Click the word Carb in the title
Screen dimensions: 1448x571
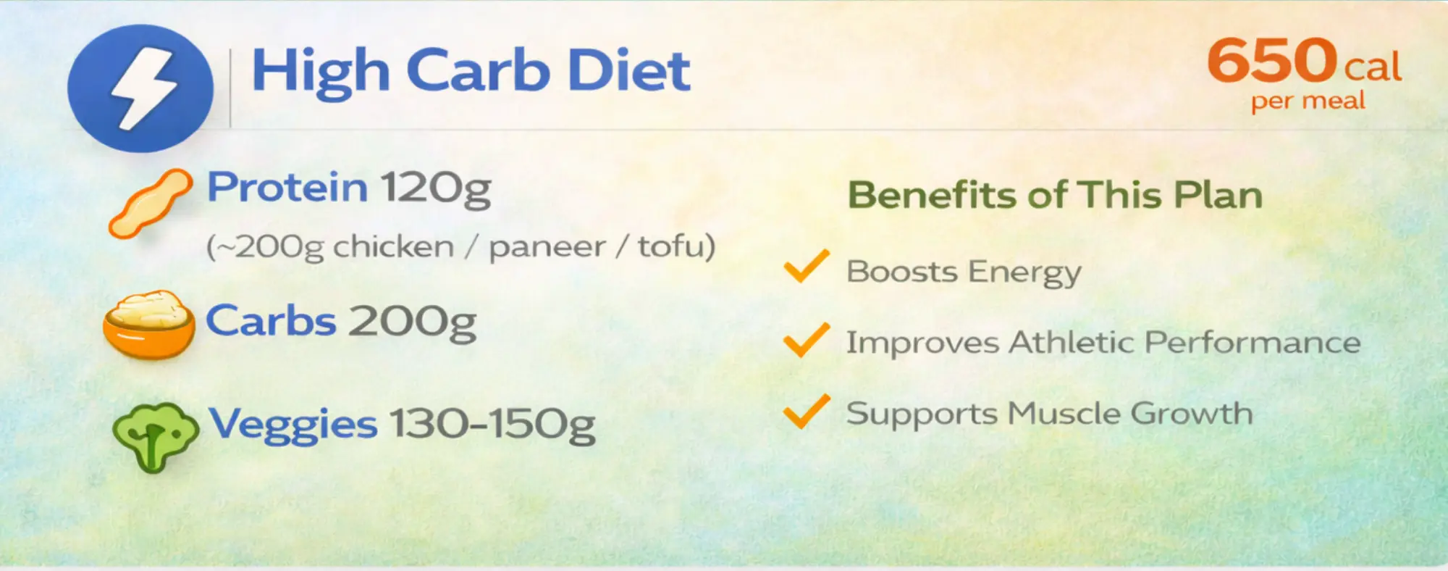(477, 70)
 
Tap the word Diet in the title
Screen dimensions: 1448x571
(628, 70)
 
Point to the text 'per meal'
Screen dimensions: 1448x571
(1308, 101)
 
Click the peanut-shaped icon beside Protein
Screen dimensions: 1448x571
(151, 203)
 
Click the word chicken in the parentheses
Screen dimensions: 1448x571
(393, 246)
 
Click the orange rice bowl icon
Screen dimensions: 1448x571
(149, 325)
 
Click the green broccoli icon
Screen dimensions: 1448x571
(155, 437)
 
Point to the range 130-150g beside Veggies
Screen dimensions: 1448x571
(492, 425)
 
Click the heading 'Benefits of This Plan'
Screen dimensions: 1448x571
(1055, 195)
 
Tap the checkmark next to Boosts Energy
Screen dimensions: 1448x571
(807, 266)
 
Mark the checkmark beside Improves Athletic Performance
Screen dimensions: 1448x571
(807, 340)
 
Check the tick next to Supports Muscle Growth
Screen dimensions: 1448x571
(807, 411)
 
